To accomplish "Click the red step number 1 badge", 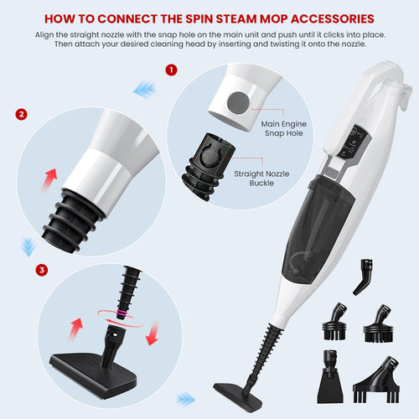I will pyautogui.click(x=172, y=70).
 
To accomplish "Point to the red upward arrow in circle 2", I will pyautogui.click(x=49, y=178).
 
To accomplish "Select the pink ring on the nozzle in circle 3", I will pyautogui.click(x=123, y=313).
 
